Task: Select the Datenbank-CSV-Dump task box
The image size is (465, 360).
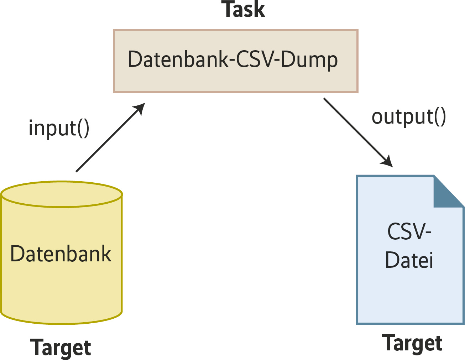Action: click(235, 61)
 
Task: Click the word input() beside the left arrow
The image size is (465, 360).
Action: click(59, 128)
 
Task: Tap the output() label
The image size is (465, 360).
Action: click(409, 117)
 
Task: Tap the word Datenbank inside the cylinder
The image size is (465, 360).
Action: click(61, 254)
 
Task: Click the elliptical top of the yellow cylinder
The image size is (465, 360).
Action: click(62, 194)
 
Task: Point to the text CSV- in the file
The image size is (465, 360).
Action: click(409, 232)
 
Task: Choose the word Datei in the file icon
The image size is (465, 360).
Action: click(409, 260)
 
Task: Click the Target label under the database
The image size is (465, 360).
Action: click(61, 348)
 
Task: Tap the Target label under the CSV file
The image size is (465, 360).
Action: click(412, 344)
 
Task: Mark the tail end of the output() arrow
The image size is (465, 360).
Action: click(325, 99)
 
